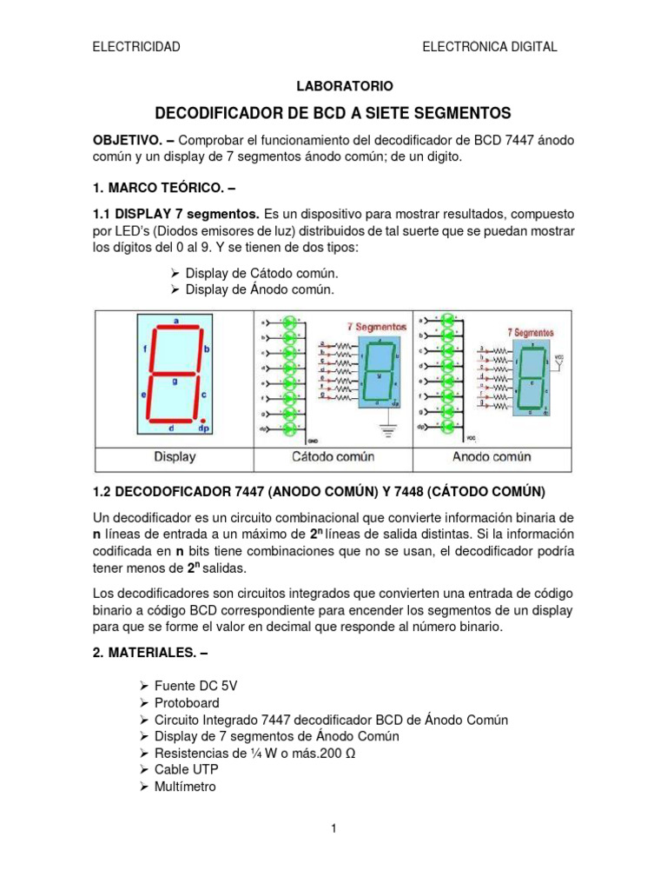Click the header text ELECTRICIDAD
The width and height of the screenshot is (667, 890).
(x=136, y=47)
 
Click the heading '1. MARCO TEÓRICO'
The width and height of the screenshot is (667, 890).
(x=160, y=186)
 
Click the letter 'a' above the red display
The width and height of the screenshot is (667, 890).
(x=176, y=320)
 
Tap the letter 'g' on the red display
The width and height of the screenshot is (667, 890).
(x=175, y=380)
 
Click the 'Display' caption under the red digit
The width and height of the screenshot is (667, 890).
(x=175, y=456)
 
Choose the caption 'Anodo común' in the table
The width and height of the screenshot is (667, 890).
(x=492, y=456)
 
